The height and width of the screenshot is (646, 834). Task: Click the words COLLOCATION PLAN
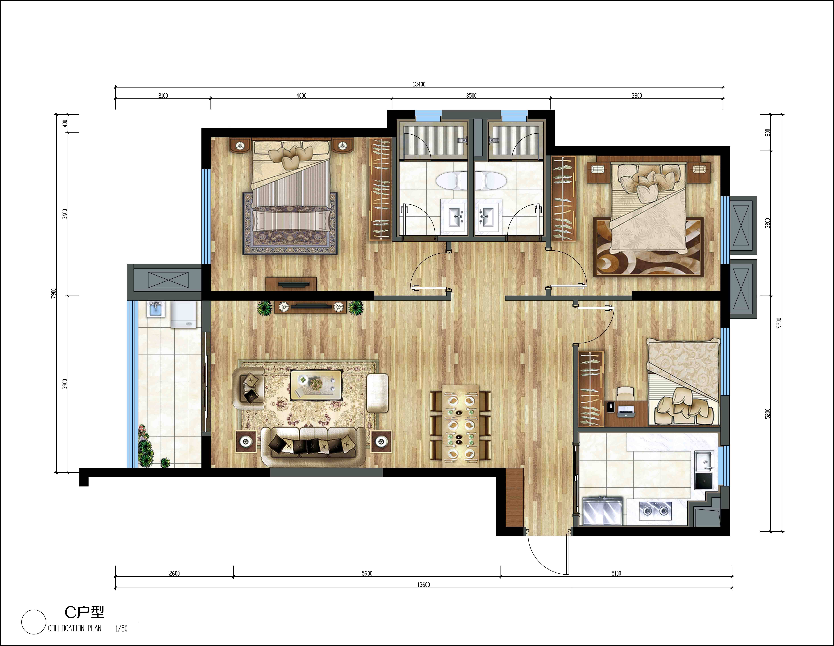tap(75, 628)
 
